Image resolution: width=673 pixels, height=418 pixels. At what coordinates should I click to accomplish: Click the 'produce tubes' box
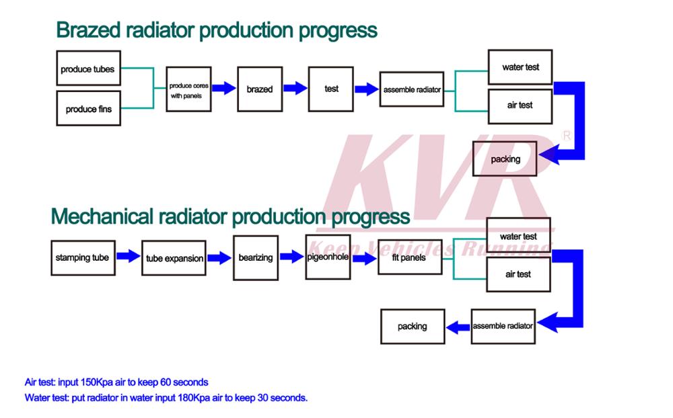[x=88, y=69]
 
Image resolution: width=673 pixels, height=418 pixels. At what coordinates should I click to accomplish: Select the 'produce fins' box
[x=88, y=109]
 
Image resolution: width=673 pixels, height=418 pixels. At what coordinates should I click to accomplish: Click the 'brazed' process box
[x=259, y=89]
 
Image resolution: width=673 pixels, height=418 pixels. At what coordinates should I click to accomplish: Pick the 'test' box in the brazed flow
[x=331, y=89]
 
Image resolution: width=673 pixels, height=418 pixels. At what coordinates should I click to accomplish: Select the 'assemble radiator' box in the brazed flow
[x=412, y=89]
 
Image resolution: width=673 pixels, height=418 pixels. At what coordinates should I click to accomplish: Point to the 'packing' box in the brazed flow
[x=505, y=159]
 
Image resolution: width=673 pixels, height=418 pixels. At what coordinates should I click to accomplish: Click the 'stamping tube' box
[x=81, y=257]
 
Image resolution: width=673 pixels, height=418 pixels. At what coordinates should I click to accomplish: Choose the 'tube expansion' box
[x=174, y=258]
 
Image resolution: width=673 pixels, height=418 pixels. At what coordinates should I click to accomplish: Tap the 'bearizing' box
[x=255, y=257]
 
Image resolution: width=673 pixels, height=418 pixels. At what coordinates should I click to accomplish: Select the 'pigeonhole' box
[x=328, y=257]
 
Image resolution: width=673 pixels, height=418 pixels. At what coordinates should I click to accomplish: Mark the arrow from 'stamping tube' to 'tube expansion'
[x=128, y=257]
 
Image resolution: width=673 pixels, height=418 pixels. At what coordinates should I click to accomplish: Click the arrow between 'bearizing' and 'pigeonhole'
[x=291, y=257]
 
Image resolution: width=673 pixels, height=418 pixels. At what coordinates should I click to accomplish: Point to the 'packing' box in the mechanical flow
[x=413, y=327]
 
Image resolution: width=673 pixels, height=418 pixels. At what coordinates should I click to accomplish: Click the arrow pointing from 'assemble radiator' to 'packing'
[x=459, y=327]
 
